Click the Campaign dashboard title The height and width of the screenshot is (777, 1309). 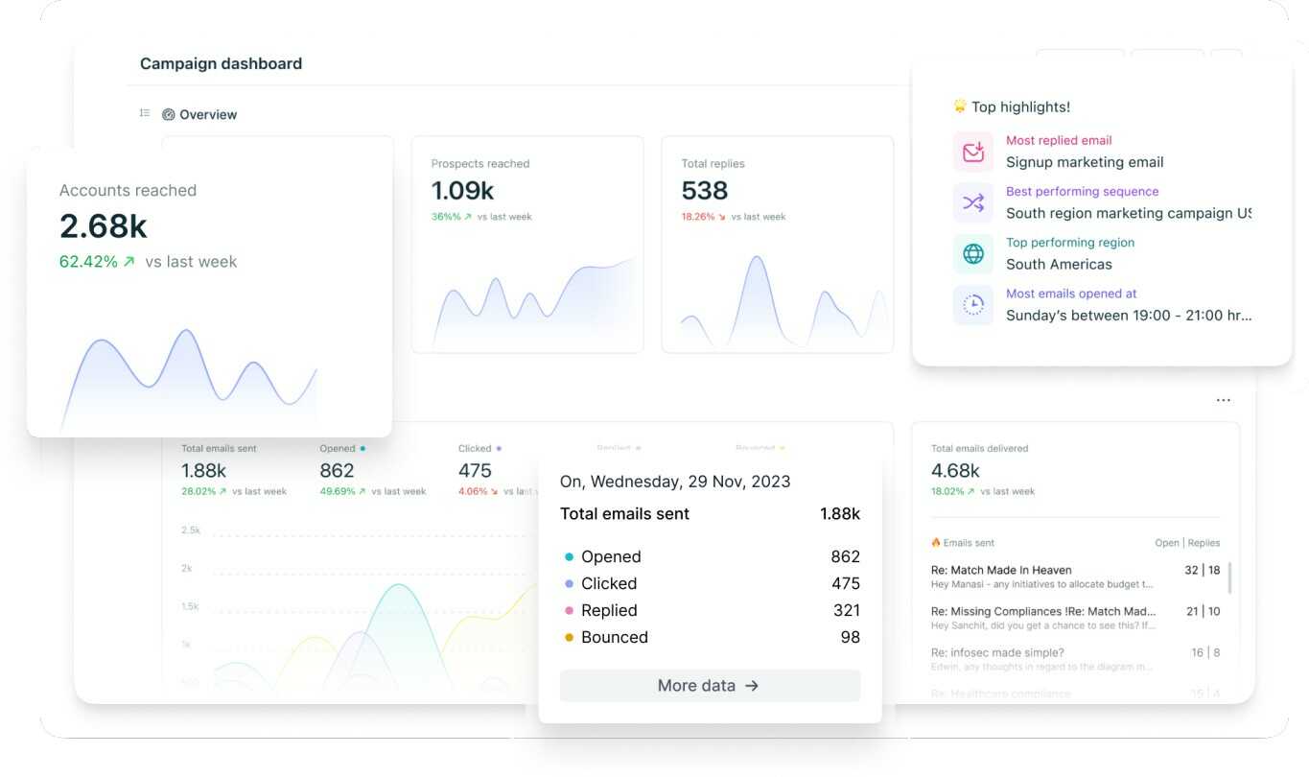tap(221, 64)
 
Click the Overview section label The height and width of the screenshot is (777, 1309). tap(207, 115)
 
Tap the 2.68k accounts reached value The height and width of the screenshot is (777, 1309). tap(104, 226)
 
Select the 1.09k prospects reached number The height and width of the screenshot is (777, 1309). tap(462, 191)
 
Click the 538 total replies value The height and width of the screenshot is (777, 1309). tap(705, 191)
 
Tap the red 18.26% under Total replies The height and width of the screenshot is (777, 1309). tap(698, 217)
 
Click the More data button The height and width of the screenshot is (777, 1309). tap(710, 686)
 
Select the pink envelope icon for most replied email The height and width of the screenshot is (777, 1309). tap(973, 152)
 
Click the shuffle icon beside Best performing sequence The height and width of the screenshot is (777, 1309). tap(973, 202)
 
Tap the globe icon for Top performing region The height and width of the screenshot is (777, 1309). tap(973, 253)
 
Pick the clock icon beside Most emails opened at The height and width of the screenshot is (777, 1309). tap(973, 304)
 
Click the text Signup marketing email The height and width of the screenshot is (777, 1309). tap(1085, 162)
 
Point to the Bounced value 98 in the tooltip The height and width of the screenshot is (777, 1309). tap(850, 637)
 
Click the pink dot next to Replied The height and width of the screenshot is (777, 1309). tap(570, 610)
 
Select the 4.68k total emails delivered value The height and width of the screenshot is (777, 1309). tap(955, 471)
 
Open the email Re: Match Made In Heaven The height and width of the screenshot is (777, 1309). tap(1001, 570)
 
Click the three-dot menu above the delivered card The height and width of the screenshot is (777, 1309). tap(1223, 400)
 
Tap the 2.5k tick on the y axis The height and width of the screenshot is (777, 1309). tap(191, 530)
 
